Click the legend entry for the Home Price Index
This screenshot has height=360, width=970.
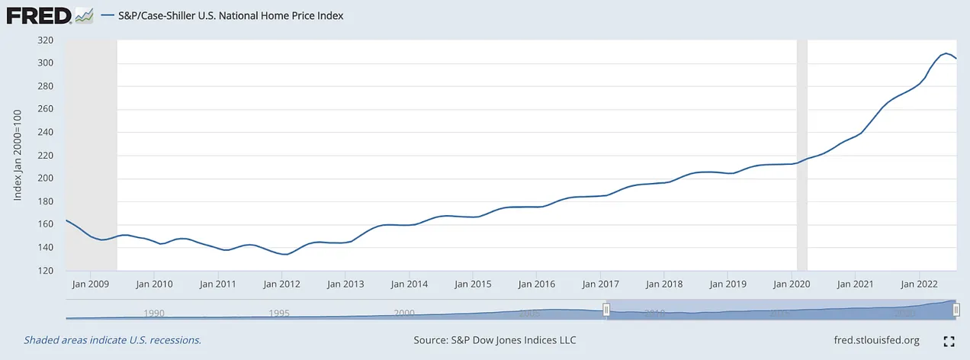pyautogui.click(x=229, y=15)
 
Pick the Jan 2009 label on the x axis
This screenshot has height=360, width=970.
pyautogui.click(x=90, y=284)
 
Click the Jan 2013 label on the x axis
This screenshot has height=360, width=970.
pyautogui.click(x=345, y=284)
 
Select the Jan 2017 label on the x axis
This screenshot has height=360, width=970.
pyautogui.click(x=600, y=284)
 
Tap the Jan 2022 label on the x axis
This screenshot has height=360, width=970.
pyautogui.click(x=918, y=284)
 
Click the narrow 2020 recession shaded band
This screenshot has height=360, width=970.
pyautogui.click(x=801, y=153)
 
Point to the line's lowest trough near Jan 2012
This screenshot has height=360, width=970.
pyautogui.click(x=284, y=255)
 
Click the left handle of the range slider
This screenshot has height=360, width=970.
pyautogui.click(x=606, y=309)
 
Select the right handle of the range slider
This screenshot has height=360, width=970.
pyautogui.click(x=956, y=309)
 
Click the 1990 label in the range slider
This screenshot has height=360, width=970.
pyautogui.click(x=154, y=313)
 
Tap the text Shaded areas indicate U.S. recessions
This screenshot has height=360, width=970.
pyautogui.click(x=113, y=340)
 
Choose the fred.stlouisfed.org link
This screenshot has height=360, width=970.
pyautogui.click(x=878, y=340)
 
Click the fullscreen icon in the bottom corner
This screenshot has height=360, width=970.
pyautogui.click(x=949, y=341)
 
